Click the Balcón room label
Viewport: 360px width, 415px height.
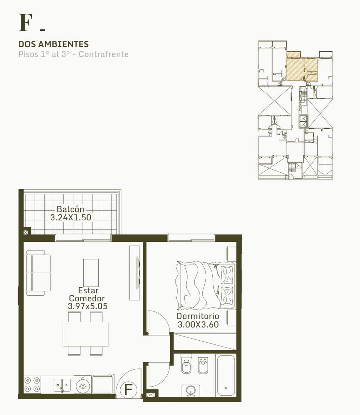pos(71,209)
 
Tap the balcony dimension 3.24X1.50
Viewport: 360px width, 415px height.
pos(71,218)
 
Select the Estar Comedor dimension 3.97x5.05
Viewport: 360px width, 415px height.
pos(87,306)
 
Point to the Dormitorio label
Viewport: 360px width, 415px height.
pos(198,316)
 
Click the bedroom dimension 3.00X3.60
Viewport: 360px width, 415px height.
pos(198,324)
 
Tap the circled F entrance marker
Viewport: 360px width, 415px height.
pos(129,389)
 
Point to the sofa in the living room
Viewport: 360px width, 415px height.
pos(38,273)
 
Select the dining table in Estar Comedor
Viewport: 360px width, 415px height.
pos(85,334)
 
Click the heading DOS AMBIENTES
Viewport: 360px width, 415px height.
pos(54,44)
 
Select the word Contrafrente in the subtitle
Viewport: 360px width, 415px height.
pos(104,54)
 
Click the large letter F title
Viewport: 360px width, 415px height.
pos(26,22)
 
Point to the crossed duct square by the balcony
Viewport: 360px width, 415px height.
pos(26,232)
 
